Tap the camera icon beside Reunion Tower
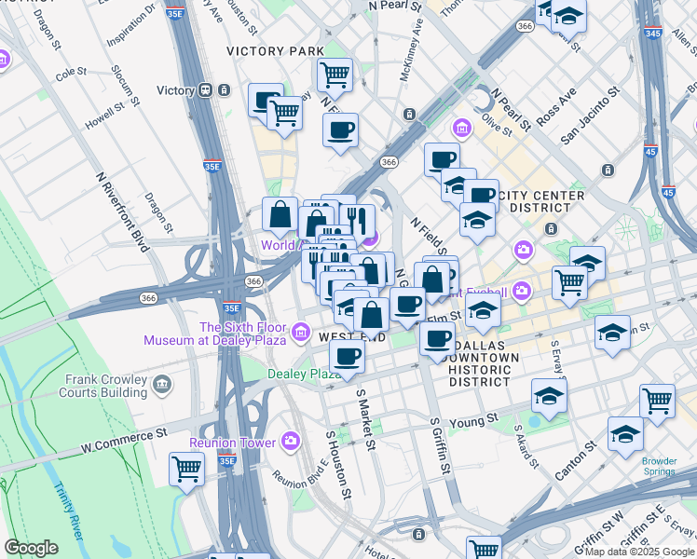(x=291, y=441)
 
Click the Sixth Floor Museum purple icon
(x=301, y=332)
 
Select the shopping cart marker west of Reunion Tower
(x=186, y=470)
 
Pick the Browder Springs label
(x=665, y=465)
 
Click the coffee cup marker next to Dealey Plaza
(x=347, y=356)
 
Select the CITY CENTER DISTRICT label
(x=541, y=201)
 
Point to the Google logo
(x=31, y=548)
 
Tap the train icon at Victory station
(x=203, y=90)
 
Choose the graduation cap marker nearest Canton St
(x=625, y=434)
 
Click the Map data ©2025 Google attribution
(x=638, y=552)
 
